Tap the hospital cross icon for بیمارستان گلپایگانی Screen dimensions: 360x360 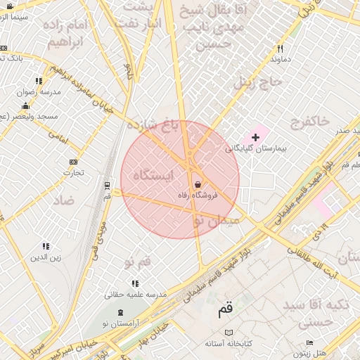tap(255, 136)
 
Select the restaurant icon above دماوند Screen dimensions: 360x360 tap(280, 49)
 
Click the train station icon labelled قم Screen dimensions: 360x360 tap(107, 186)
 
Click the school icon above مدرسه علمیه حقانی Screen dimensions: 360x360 tap(135, 283)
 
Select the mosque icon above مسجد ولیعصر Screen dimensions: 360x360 tap(25, 106)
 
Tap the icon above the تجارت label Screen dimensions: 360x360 tap(74, 162)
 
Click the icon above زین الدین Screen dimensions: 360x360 tap(46, 246)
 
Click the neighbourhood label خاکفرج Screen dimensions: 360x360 tap(308, 122)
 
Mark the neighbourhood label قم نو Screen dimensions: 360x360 tap(137, 262)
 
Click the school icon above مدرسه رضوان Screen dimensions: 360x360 tap(38, 81)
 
